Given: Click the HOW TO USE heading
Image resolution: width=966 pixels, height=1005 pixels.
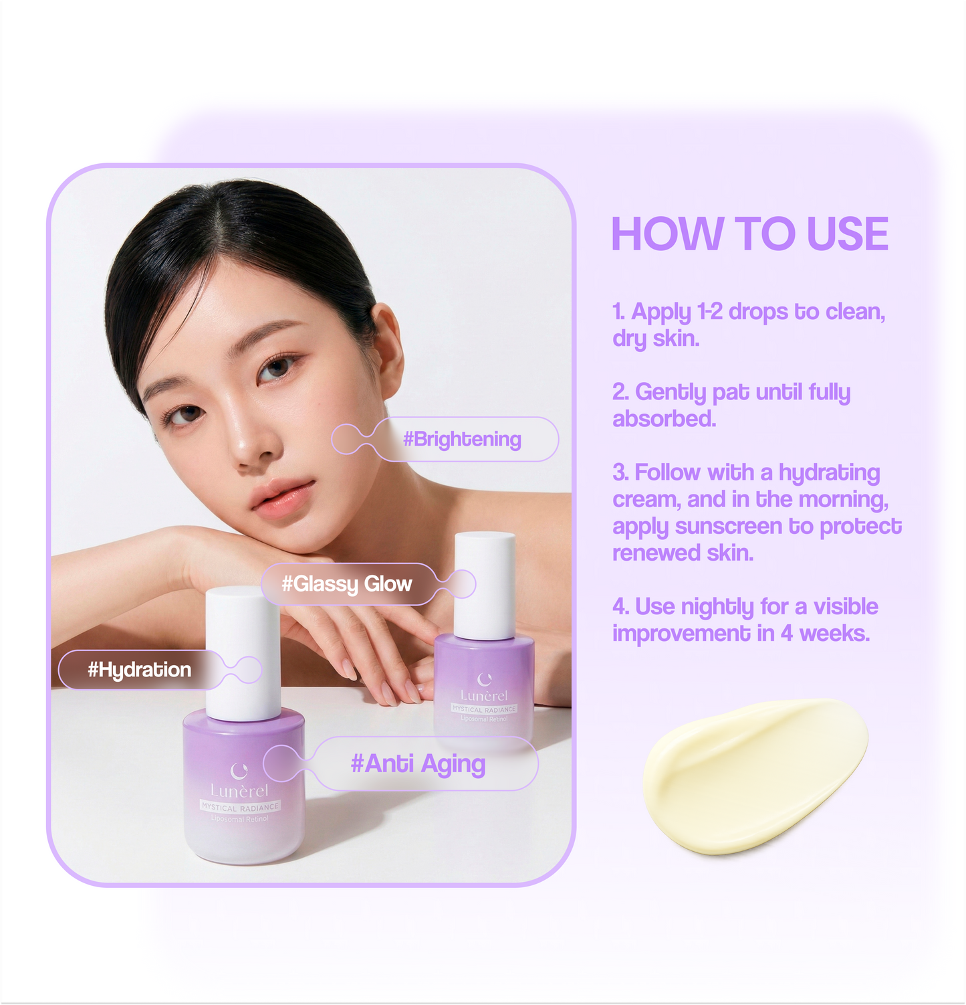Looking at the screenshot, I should pyautogui.click(x=749, y=234).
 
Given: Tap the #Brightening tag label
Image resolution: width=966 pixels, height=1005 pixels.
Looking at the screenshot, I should pyautogui.click(x=462, y=440).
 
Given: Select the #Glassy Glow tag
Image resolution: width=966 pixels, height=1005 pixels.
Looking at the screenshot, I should pyautogui.click(x=346, y=584).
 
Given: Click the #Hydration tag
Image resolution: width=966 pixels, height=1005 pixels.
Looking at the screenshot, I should pyautogui.click(x=139, y=670).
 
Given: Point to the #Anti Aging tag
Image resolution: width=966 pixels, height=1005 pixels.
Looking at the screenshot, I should pyautogui.click(x=418, y=763).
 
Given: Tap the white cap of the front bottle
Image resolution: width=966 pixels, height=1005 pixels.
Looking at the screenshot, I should pyautogui.click(x=242, y=652).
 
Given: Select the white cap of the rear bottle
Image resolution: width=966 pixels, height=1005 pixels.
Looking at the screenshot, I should pyautogui.click(x=485, y=584).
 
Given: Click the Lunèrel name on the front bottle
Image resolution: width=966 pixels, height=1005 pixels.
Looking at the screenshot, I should pyautogui.click(x=239, y=791).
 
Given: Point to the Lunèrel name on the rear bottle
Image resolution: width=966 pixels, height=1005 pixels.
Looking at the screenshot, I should pyautogui.click(x=484, y=696).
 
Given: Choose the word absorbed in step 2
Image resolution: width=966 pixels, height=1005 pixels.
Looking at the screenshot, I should pyautogui.click(x=664, y=419).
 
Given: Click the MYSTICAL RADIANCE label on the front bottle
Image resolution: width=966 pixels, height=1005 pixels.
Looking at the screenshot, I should pyautogui.click(x=240, y=807).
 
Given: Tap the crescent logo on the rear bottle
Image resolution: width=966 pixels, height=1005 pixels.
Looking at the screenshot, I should pyautogui.click(x=485, y=678).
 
